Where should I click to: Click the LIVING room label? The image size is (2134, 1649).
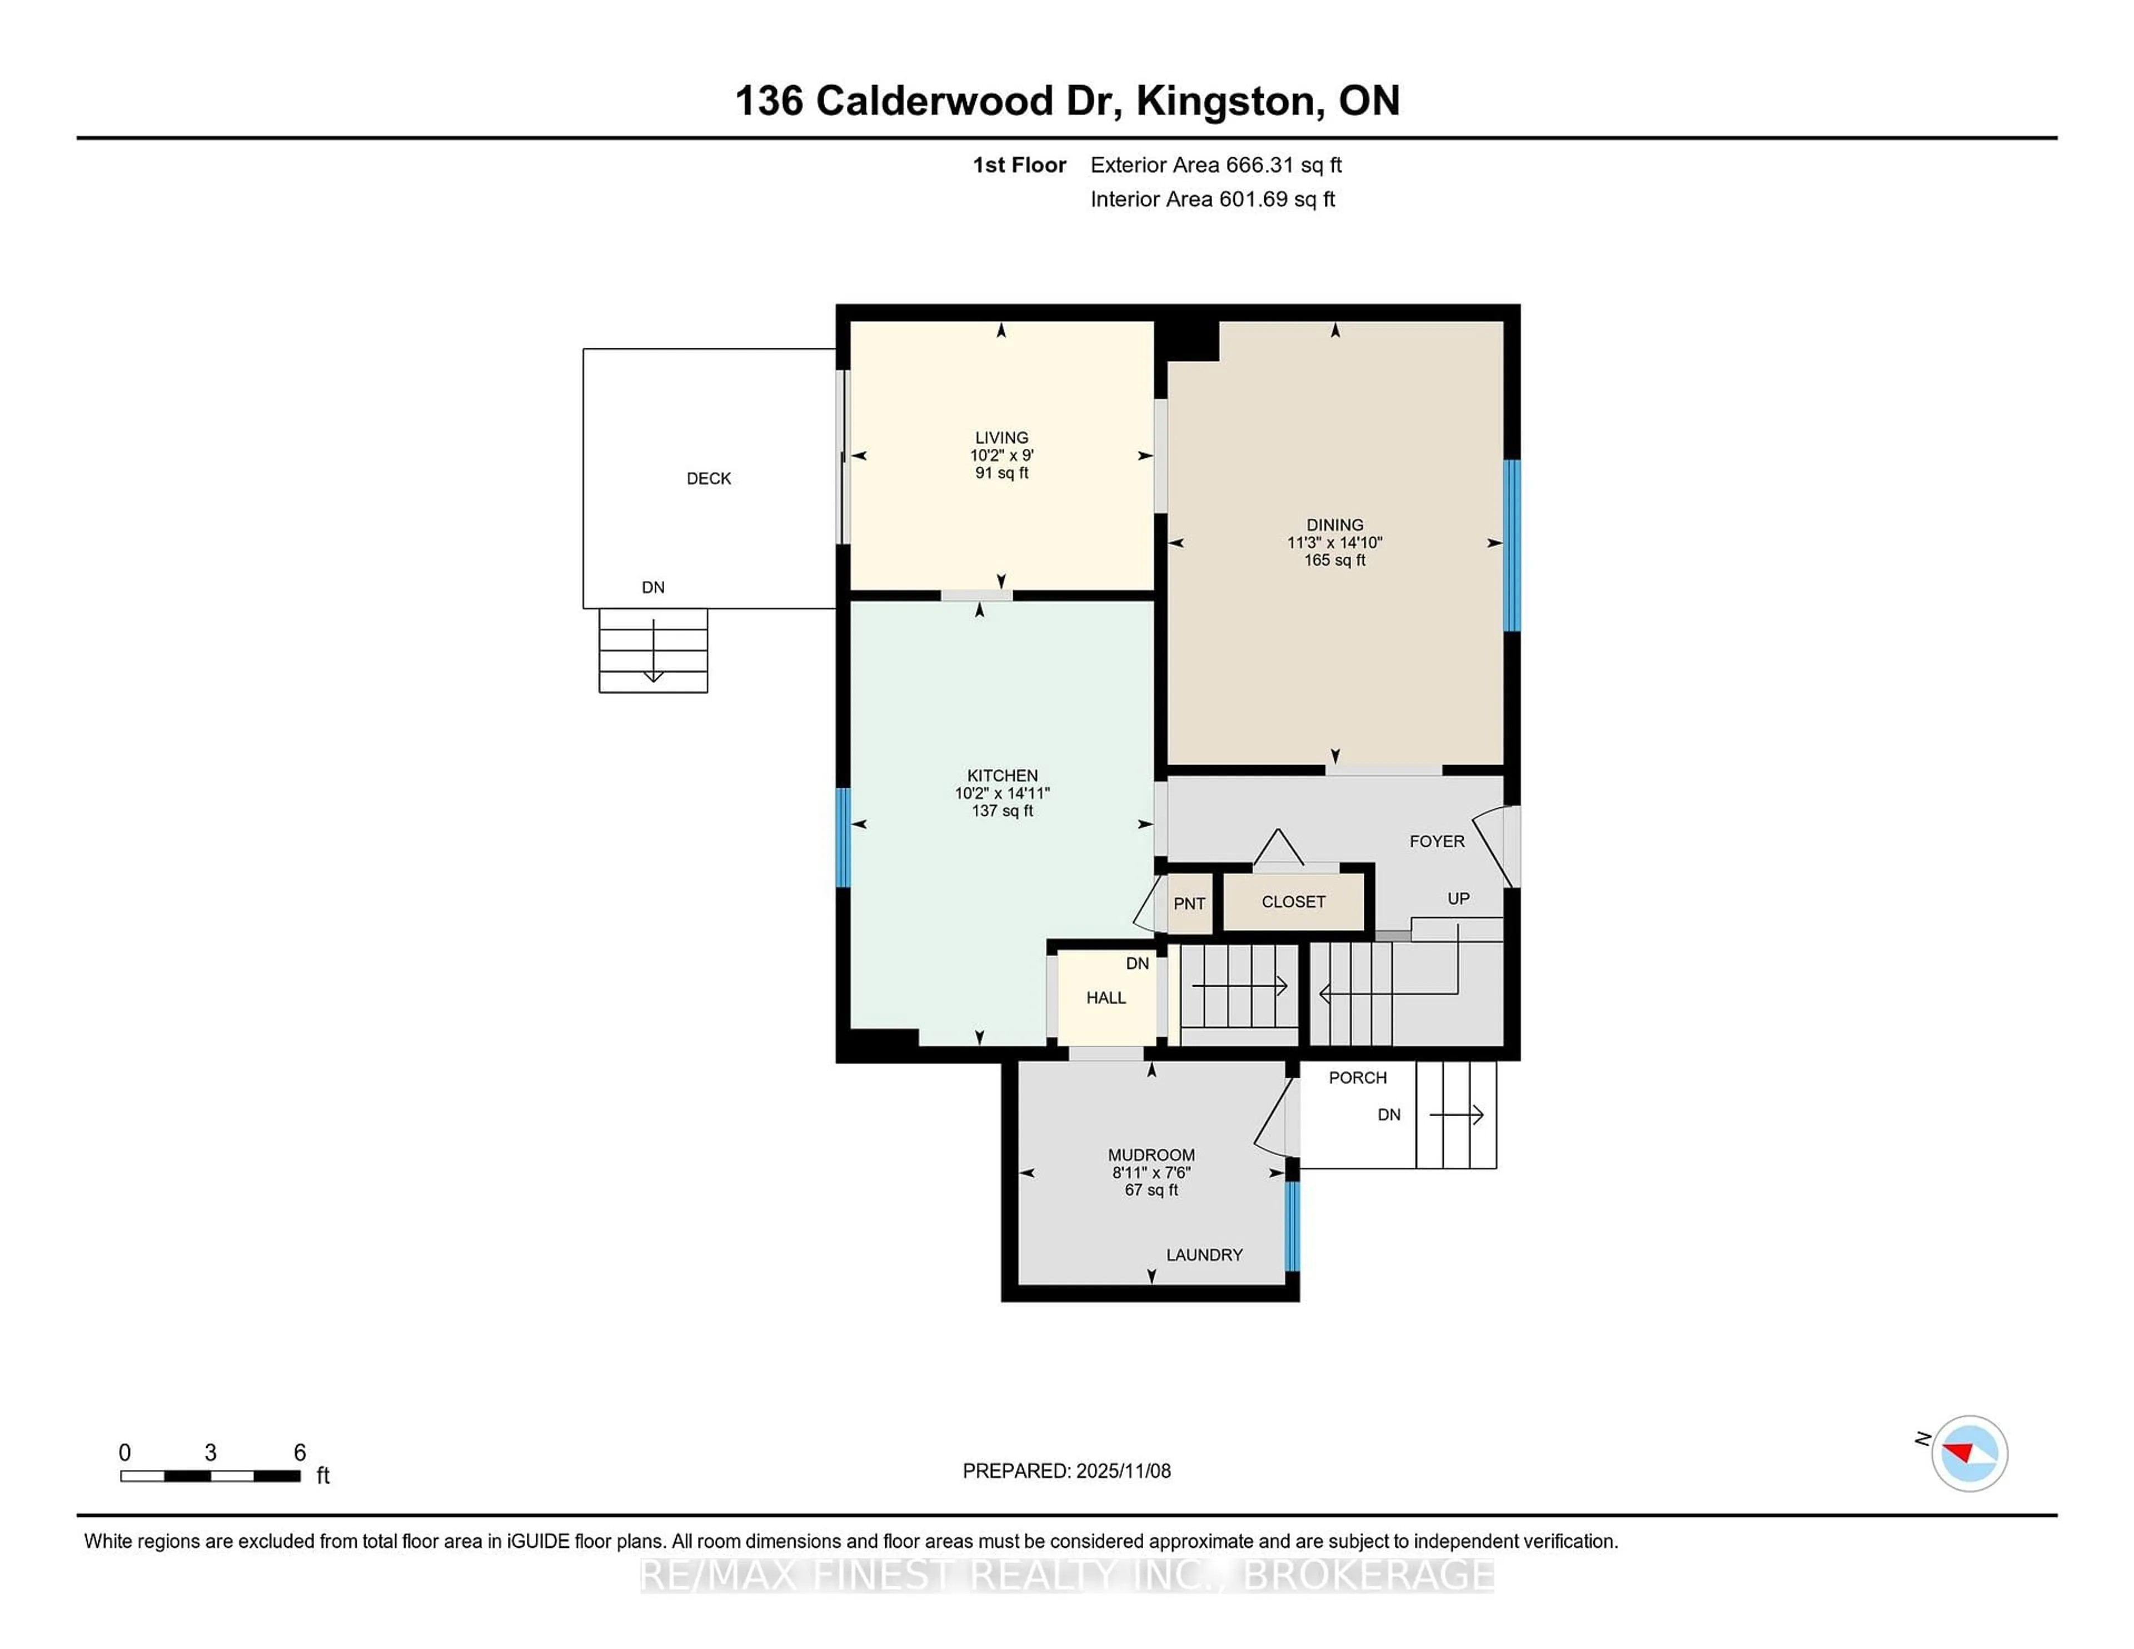(x=1001, y=438)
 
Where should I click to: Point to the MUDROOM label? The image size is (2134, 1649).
(x=1151, y=1155)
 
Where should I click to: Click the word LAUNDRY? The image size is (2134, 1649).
(x=1204, y=1255)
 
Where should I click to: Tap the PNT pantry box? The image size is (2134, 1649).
(x=1189, y=903)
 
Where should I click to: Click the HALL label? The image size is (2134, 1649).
(x=1106, y=997)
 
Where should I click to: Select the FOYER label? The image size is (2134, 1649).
(x=1437, y=841)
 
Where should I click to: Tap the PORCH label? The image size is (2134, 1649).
(x=1357, y=1077)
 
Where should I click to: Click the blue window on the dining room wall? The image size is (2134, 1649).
(x=1512, y=545)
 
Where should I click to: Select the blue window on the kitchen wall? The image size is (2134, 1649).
(x=843, y=837)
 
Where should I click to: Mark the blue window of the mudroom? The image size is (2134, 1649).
(x=1292, y=1226)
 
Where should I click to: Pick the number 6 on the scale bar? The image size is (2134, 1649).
(x=300, y=1453)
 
